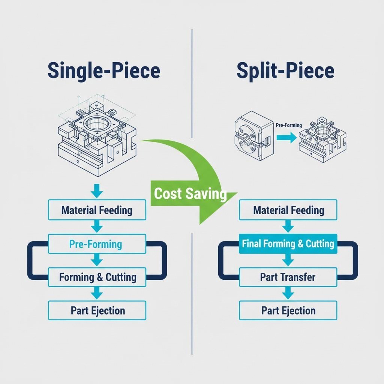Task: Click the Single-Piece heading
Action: pyautogui.click(x=104, y=71)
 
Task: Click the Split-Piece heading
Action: pyautogui.click(x=285, y=71)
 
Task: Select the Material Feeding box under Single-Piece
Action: pyautogui.click(x=97, y=210)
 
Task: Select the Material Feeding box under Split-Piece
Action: pyautogui.click(x=288, y=210)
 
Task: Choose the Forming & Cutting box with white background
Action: pyautogui.click(x=97, y=277)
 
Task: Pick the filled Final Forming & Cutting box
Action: pyautogui.click(x=288, y=244)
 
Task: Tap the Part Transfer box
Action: pyautogui.click(x=288, y=277)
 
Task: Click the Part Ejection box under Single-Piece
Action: pyautogui.click(x=97, y=310)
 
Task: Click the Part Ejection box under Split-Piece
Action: pyautogui.click(x=288, y=310)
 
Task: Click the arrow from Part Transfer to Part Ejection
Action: pyautogui.click(x=288, y=294)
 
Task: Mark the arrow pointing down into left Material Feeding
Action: pyautogui.click(x=97, y=190)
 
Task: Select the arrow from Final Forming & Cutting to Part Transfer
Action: pyautogui.click(x=288, y=260)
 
